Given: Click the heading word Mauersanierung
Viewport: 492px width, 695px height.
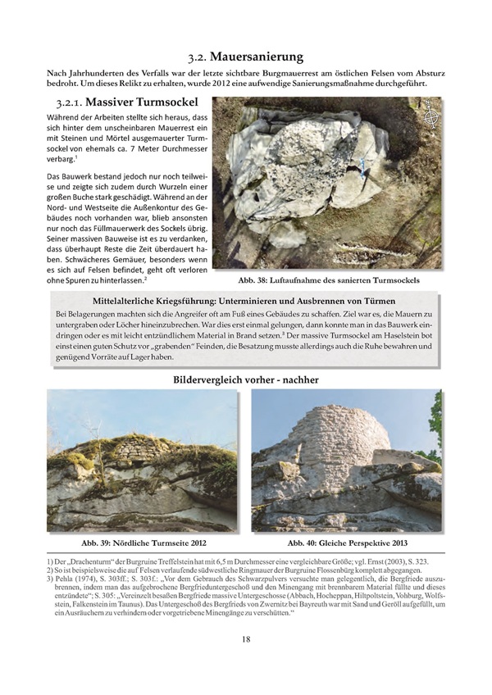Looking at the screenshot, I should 257,57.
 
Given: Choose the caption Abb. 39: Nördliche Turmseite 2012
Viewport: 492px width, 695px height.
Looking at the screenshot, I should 143,543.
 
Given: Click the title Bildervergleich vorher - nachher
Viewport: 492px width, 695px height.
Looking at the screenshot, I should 246,379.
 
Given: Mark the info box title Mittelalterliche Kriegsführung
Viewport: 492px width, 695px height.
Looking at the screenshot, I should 246,301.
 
